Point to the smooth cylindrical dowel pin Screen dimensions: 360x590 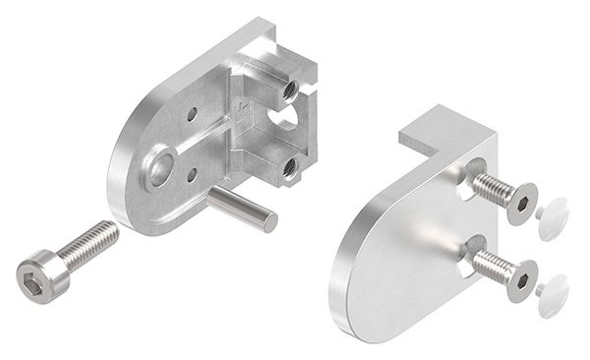coord(242,210)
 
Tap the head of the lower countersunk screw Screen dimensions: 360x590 coord(521,279)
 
